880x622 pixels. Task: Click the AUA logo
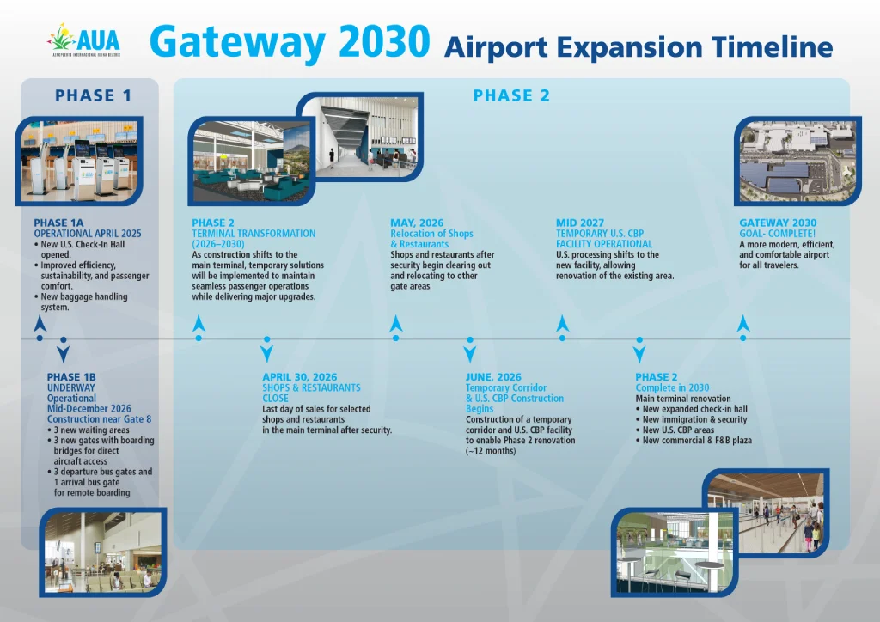pos(84,40)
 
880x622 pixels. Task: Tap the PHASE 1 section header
pos(93,95)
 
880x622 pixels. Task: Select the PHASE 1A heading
pos(58,223)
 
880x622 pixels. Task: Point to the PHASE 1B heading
pos(71,377)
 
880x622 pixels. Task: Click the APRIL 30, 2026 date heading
pos(300,377)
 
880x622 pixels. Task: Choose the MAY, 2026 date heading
pos(417,223)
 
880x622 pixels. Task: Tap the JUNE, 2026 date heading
pos(493,377)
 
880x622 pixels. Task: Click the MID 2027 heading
pos(580,223)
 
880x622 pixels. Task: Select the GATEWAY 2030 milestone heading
pos(778,223)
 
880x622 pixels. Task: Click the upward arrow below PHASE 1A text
pos(40,324)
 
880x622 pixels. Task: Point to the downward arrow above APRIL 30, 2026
pos(267,354)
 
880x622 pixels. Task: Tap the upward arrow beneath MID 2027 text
pos(562,323)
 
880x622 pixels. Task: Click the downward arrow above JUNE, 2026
pos(470,354)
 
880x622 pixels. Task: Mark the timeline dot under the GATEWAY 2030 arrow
pos(743,338)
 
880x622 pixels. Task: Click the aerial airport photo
pos(798,162)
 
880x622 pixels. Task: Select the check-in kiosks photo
pos(79,162)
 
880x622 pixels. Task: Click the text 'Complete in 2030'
pos(672,387)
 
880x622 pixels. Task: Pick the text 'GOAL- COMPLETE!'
pos(777,234)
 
